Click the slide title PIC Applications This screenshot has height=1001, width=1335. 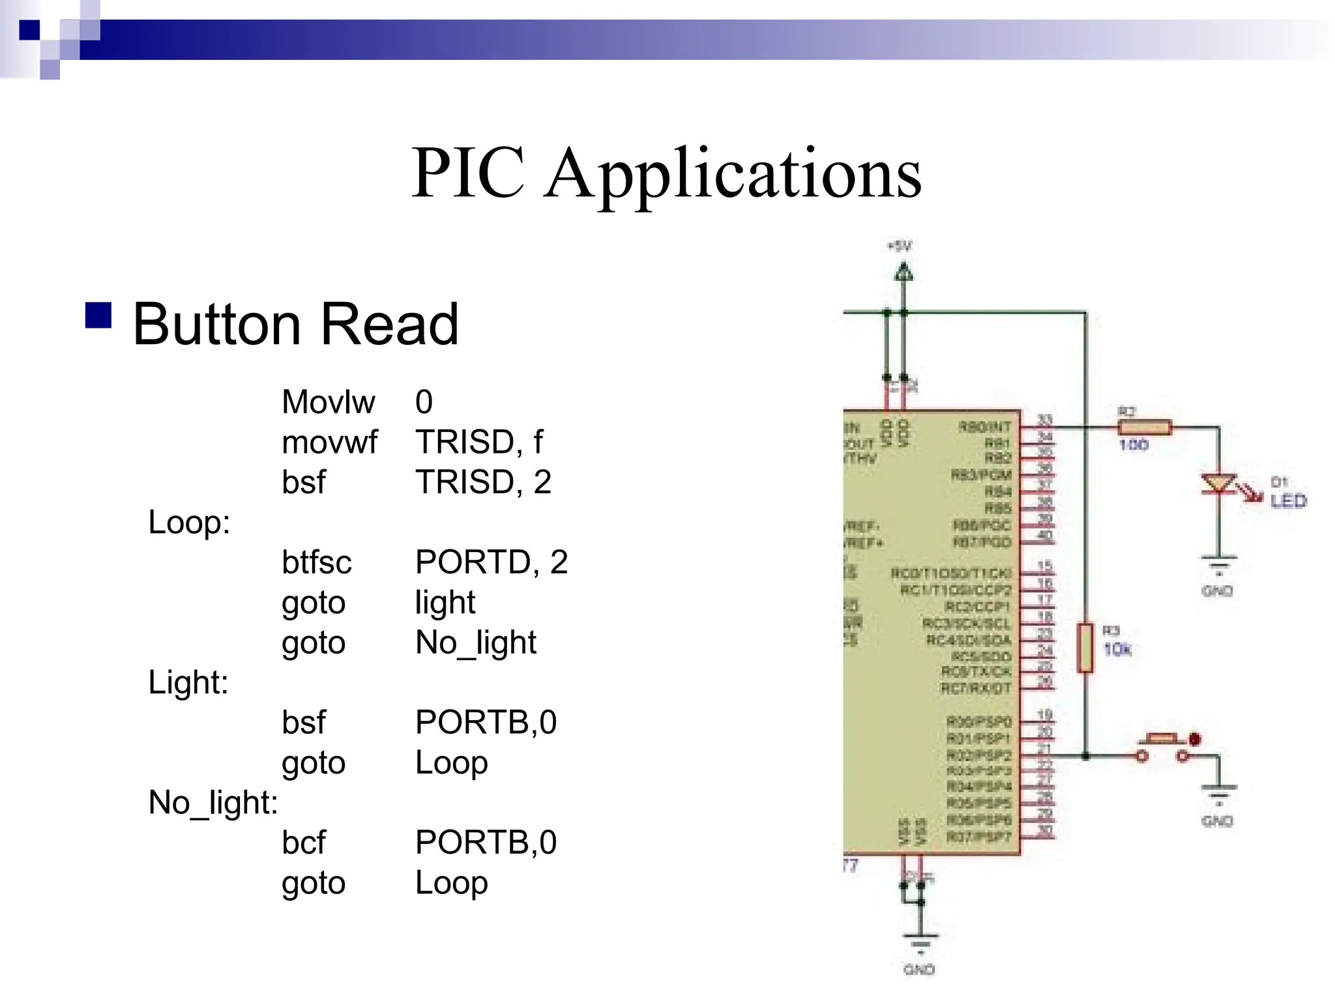[666, 173]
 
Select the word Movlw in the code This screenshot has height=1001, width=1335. [328, 401]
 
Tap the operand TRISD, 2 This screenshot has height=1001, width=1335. [483, 482]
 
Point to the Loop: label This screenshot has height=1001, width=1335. [189, 522]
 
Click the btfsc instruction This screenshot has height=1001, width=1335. [316, 562]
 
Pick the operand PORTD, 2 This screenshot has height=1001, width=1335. [491, 562]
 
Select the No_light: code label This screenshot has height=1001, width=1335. [213, 803]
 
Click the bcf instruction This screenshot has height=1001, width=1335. [303, 843]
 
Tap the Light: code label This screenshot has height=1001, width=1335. [188, 682]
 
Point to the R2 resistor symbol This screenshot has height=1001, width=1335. [1145, 428]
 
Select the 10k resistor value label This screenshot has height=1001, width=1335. [1117, 649]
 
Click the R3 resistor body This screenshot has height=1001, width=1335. [1085, 647]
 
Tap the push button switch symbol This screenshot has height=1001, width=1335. [1163, 747]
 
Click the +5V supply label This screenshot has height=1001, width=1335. [900, 246]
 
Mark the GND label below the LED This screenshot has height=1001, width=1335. [1217, 591]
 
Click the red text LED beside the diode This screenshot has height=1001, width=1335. [1288, 501]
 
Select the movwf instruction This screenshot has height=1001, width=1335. [329, 442]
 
